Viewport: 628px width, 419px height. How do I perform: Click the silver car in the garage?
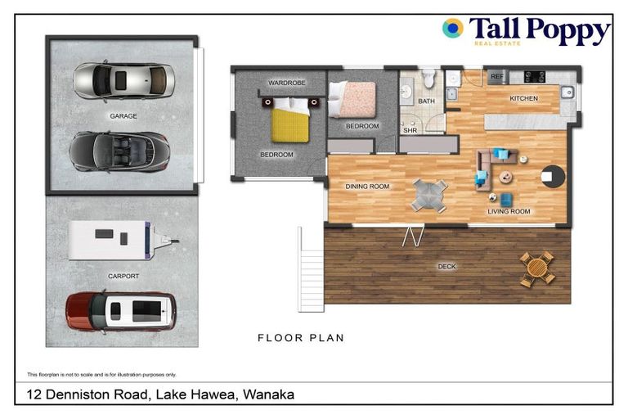tap(123, 80)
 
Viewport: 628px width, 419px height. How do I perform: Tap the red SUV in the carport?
tap(121, 311)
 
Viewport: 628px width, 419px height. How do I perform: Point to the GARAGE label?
tap(123, 116)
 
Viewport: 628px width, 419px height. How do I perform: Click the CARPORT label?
tap(123, 277)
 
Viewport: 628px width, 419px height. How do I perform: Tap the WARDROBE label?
tap(286, 83)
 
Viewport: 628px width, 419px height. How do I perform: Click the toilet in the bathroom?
tap(426, 79)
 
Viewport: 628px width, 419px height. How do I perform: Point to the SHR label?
tap(410, 128)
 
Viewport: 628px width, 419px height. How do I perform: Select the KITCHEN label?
tap(523, 98)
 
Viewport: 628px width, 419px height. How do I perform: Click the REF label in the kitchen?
tap(496, 77)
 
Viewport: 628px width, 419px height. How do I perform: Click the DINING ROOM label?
tap(367, 187)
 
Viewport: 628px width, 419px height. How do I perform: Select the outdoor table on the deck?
tap(537, 268)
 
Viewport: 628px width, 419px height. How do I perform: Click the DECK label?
tap(446, 267)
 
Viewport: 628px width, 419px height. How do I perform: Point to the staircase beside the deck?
tap(312, 266)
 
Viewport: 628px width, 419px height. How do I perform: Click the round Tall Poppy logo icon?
tap(452, 29)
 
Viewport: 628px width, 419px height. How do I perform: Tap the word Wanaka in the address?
tap(267, 394)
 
